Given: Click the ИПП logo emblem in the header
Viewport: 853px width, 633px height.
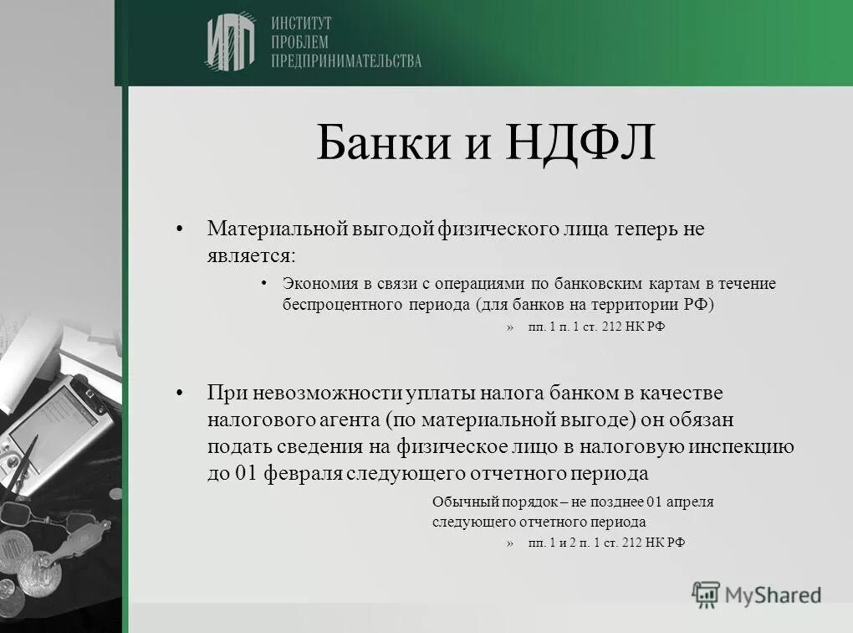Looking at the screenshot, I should coord(230,42).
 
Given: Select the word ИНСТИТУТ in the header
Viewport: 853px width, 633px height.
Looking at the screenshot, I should coord(301,23).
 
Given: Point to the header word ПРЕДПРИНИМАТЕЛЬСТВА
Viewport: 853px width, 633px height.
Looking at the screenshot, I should coord(345,60).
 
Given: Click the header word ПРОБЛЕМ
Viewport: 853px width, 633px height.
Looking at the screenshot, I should coord(299,42).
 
